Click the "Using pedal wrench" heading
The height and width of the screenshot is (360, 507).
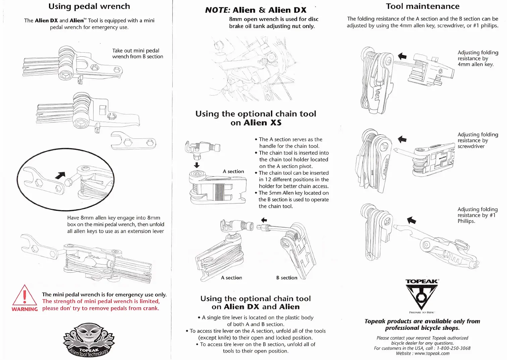point(89,6)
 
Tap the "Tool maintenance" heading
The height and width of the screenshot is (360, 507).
point(422,6)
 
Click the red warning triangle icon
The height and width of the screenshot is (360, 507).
point(24,295)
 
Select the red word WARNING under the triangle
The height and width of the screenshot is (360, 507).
point(24,309)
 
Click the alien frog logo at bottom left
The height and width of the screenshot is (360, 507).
point(89,340)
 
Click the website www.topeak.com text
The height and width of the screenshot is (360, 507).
point(432,353)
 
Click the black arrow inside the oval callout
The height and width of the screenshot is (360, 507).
point(60,175)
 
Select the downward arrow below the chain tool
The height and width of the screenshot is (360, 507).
point(197,165)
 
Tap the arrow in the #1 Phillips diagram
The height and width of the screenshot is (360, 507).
point(411,220)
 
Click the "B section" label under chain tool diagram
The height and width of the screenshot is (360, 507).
point(287,278)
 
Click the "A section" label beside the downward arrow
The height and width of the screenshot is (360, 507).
point(233,171)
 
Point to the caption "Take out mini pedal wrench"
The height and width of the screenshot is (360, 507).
point(137,54)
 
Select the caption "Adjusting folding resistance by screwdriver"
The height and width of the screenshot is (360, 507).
point(477,140)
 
